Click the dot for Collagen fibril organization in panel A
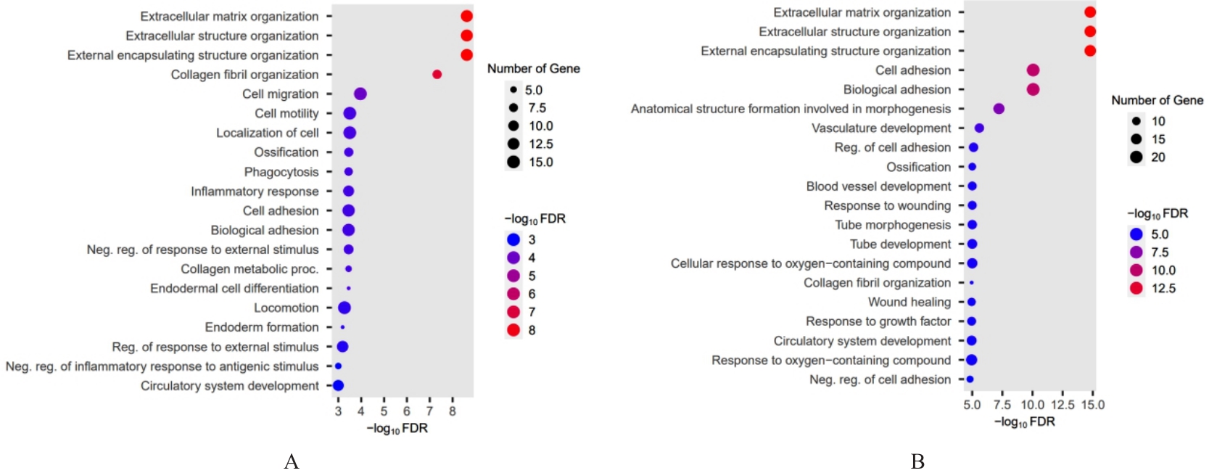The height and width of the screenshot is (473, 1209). (x=437, y=75)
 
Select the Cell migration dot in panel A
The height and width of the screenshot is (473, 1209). (x=360, y=94)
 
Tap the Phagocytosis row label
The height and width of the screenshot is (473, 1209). (x=281, y=172)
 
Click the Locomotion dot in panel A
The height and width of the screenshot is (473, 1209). (x=344, y=308)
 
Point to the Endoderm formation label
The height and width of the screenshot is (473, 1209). (x=262, y=327)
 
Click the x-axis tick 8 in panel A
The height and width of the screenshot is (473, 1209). (x=453, y=411)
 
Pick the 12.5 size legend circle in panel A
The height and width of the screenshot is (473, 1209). (x=513, y=144)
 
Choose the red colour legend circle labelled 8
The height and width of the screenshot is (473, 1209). (x=513, y=330)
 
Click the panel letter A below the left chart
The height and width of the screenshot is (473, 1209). (x=292, y=461)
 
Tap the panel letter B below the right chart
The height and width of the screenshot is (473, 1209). (x=917, y=461)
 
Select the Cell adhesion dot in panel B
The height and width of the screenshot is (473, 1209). (x=1033, y=70)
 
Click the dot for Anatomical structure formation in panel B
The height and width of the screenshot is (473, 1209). (x=999, y=109)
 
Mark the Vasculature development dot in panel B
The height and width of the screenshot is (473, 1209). (x=979, y=128)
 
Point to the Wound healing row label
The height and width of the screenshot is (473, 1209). (x=909, y=302)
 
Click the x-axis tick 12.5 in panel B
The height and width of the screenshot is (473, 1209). (x=1062, y=405)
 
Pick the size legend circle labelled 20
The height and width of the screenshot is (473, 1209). (x=1136, y=157)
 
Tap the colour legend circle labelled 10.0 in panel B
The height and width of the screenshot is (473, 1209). (x=1136, y=270)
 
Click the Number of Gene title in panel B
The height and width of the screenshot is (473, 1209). (x=1157, y=100)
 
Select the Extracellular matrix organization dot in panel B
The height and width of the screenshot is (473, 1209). (x=1089, y=12)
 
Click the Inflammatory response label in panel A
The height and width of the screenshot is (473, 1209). (x=255, y=192)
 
